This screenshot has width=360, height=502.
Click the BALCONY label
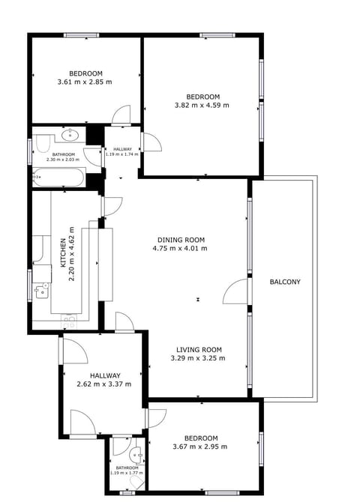pos(285,282)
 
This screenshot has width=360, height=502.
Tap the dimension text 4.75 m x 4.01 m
pos(179,248)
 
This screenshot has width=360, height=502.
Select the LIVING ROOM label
pos(199,349)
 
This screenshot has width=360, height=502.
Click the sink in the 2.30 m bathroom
pos(72,136)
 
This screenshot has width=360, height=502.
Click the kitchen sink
pos(40,289)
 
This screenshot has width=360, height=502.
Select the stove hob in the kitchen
pos(68,321)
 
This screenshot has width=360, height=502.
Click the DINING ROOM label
pos(180,239)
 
